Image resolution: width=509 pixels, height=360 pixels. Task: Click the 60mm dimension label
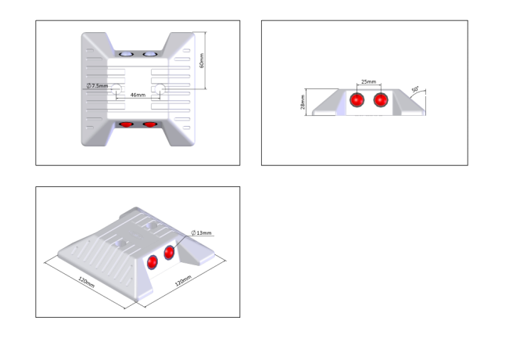coord(203,62)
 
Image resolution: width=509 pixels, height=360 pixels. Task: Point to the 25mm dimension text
coord(368,82)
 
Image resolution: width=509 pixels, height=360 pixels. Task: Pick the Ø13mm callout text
coord(201,233)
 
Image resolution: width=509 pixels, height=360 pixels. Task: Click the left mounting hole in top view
coord(116,89)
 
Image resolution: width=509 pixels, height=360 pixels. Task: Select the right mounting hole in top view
coord(159,89)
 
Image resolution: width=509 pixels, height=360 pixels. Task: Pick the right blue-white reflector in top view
coord(149,56)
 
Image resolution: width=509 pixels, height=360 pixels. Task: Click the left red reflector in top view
coord(127,124)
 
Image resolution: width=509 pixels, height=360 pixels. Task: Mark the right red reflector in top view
coord(149,124)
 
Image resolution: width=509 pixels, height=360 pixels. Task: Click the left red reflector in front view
coord(358,101)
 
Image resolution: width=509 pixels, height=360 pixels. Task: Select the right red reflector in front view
coord(381,101)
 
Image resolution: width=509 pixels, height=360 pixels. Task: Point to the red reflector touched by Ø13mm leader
coord(170,253)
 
